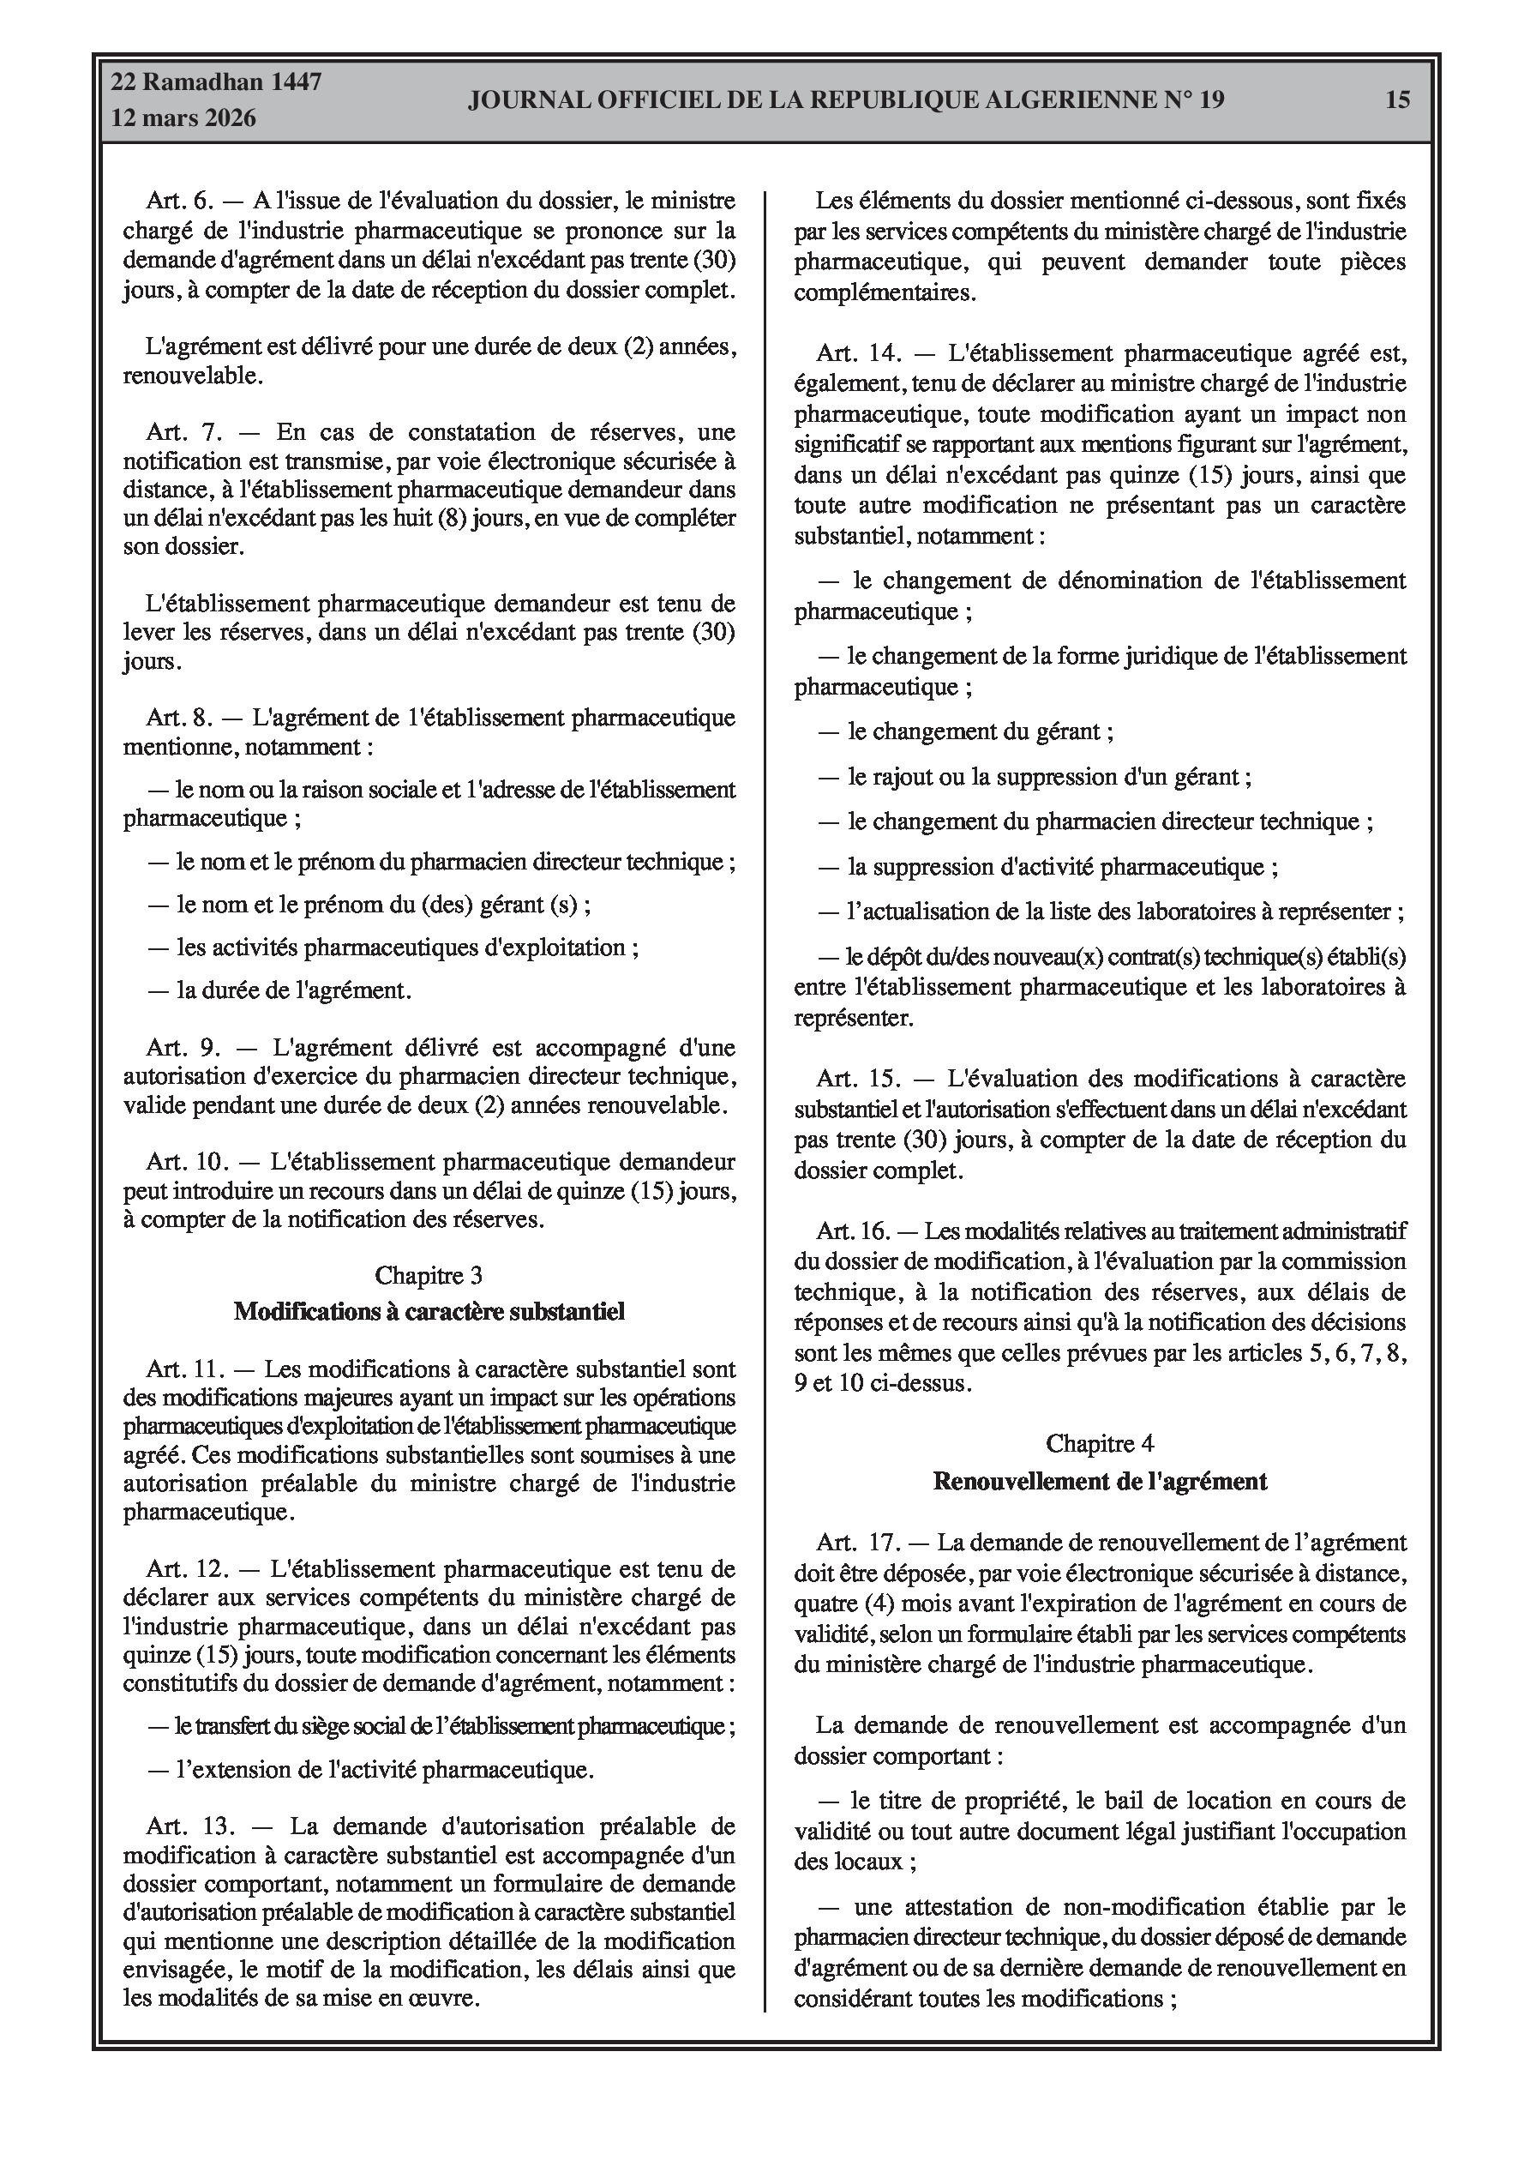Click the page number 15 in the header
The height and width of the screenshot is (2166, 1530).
pyautogui.click(x=1397, y=99)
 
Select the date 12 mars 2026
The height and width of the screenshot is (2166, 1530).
pyautogui.click(x=184, y=118)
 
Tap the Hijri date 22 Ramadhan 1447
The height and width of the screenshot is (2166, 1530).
pyautogui.click(x=216, y=82)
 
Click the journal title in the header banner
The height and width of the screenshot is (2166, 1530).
pyautogui.click(x=845, y=100)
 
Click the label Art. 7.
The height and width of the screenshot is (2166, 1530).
pyautogui.click(x=183, y=432)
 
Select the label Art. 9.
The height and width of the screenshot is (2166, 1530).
pyautogui.click(x=183, y=1047)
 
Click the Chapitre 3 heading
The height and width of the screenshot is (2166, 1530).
pyautogui.click(x=429, y=1275)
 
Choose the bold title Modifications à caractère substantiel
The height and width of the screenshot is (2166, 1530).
pyautogui.click(x=429, y=1311)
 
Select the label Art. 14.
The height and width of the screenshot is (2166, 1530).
pyautogui.click(x=858, y=354)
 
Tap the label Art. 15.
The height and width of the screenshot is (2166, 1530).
pyautogui.click(x=858, y=1078)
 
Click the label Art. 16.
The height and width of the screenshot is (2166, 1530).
pyautogui.click(x=853, y=1231)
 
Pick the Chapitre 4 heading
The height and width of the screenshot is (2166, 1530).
pyautogui.click(x=1099, y=1443)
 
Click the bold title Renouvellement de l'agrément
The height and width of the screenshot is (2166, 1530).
pyautogui.click(x=1099, y=1481)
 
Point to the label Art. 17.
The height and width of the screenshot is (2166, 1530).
pyautogui.click(x=856, y=1543)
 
